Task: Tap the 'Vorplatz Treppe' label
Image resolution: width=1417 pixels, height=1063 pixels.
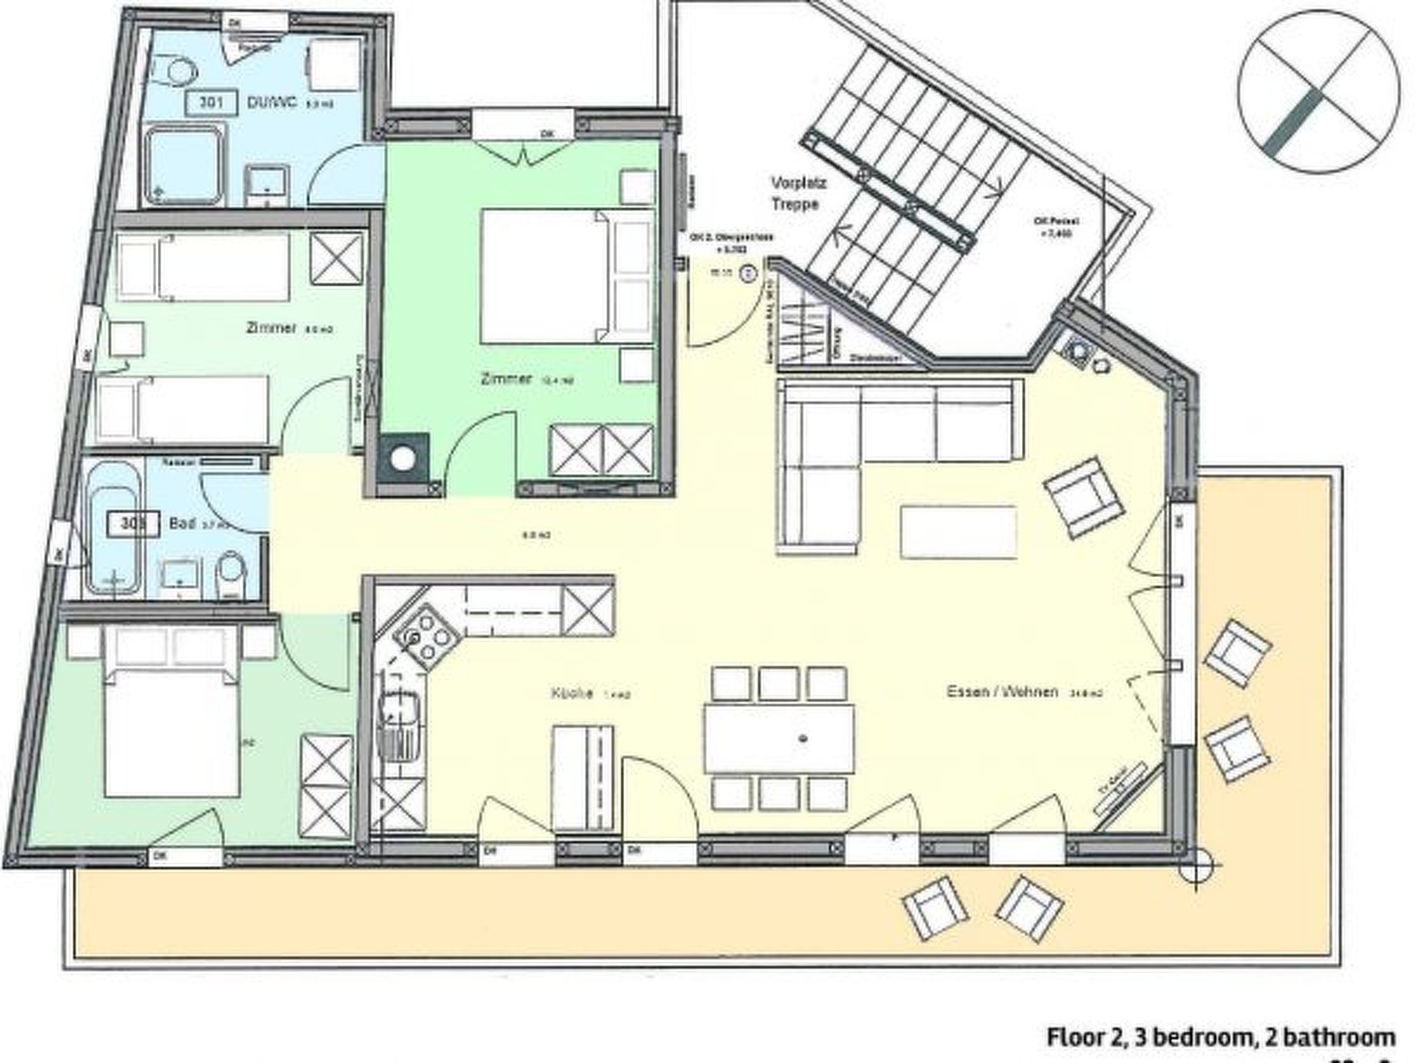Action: tap(799, 194)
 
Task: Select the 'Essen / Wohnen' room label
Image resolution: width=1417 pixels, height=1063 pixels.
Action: tap(1002, 691)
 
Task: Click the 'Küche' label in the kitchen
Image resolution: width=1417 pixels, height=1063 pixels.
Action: tap(572, 693)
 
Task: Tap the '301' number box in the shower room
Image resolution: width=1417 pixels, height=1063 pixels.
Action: tap(210, 102)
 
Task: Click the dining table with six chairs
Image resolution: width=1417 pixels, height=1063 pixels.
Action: tap(779, 738)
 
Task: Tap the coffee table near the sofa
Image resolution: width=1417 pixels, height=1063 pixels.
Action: tap(958, 531)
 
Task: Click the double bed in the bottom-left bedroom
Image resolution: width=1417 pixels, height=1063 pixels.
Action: tap(172, 720)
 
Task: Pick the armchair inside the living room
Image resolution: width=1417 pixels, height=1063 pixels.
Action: tap(1083, 496)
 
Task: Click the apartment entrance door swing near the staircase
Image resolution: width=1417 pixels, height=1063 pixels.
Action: tap(716, 311)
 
